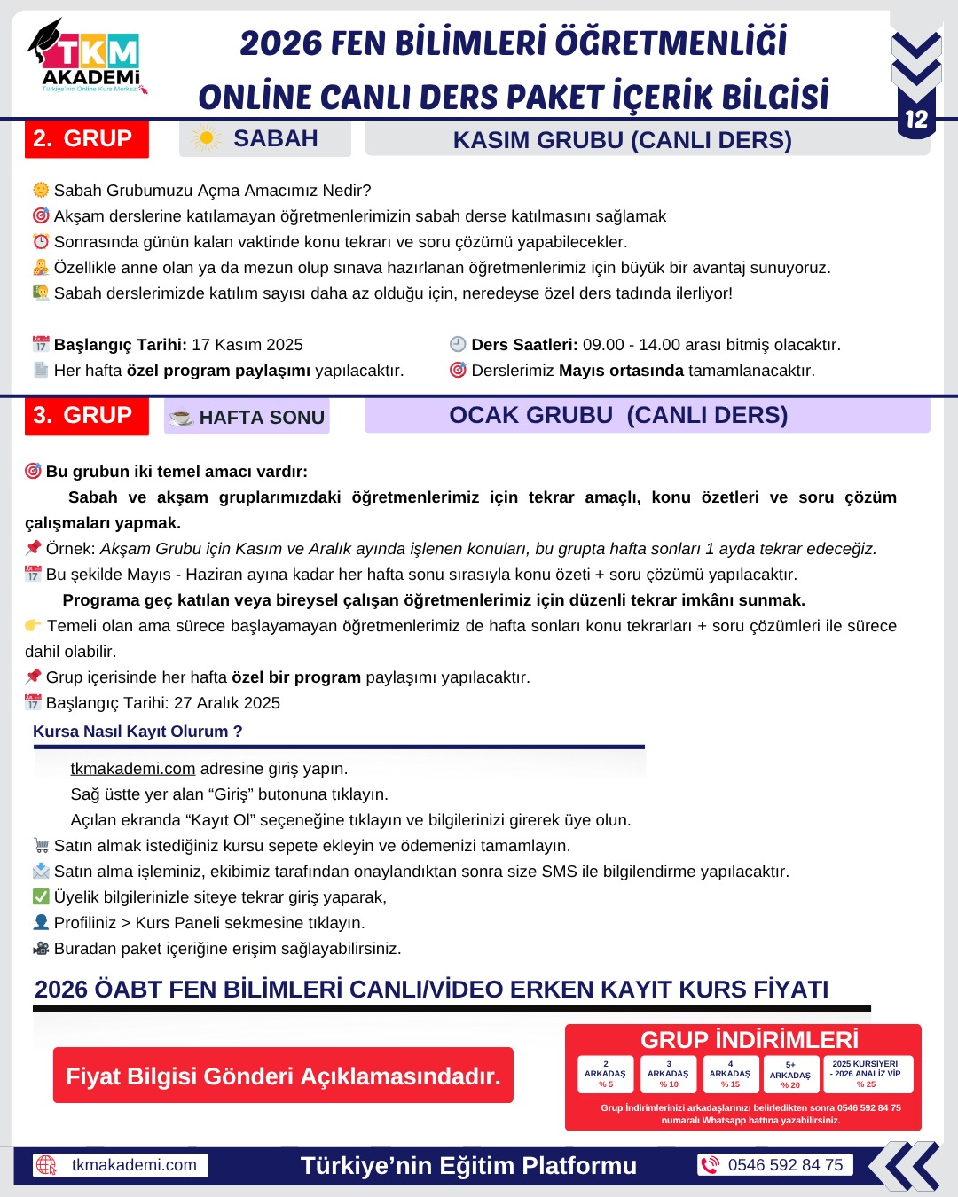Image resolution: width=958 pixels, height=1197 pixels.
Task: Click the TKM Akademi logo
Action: coord(87,58)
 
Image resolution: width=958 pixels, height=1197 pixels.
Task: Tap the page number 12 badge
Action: coord(915,120)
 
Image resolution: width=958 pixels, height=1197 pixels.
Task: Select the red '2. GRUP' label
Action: coord(86,139)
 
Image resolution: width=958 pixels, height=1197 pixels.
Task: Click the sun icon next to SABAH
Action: coord(206,138)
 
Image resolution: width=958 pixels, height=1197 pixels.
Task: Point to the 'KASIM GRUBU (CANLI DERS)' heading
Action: coord(622,140)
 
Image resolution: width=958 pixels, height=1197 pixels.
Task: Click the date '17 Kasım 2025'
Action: coord(247,345)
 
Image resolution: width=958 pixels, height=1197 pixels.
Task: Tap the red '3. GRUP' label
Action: coord(86,416)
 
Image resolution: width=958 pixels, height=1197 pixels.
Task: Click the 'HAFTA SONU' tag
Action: coord(247,417)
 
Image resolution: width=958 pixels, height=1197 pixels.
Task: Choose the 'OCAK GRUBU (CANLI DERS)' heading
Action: coord(618,416)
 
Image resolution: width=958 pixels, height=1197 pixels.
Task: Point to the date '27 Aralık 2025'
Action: coord(227,703)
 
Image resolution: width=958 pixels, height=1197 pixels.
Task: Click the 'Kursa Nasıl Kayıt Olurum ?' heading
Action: coord(137,731)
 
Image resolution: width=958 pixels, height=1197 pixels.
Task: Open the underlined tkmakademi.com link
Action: coord(132,769)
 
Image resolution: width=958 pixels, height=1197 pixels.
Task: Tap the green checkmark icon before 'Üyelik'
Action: coord(41,896)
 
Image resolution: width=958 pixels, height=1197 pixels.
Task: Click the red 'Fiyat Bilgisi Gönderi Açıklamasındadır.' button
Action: coord(283,1076)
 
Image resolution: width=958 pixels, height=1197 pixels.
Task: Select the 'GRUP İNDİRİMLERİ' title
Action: coord(750,1040)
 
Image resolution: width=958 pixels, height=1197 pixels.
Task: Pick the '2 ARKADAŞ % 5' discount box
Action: coord(605,1074)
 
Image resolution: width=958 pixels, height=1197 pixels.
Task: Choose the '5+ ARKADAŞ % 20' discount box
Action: coord(789,1075)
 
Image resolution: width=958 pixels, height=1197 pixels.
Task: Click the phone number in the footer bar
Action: coord(785,1165)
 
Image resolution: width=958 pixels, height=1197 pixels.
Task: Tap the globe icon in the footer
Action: coord(46,1165)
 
